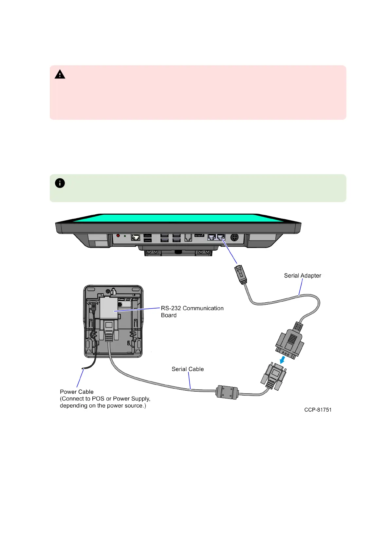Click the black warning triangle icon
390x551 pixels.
[60, 75]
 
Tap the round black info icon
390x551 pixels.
[60, 183]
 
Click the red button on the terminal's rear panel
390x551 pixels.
[118, 236]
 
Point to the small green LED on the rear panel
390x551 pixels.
[125, 236]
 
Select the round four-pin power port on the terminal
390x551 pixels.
[234, 237]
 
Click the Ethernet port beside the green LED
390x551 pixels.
[136, 237]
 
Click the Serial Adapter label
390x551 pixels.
[302, 275]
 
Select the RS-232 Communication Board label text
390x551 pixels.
[192, 311]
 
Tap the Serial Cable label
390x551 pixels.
[188, 369]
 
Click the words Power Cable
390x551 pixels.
[77, 392]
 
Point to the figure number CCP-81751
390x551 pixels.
[318, 410]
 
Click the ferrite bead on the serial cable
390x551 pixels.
[227, 392]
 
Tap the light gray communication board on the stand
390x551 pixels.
[108, 308]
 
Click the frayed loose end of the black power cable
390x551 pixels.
[84, 369]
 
